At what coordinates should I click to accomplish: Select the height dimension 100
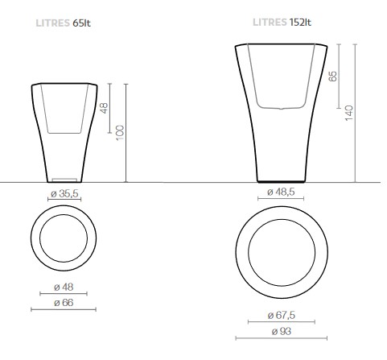tap(119, 130)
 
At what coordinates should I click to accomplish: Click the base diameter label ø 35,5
tap(63, 194)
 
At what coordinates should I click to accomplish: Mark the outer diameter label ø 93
tap(281, 330)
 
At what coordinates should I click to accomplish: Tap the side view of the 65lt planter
tap(63, 133)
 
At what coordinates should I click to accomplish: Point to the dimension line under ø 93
tap(281, 338)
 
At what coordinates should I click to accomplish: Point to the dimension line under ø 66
tap(63, 308)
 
